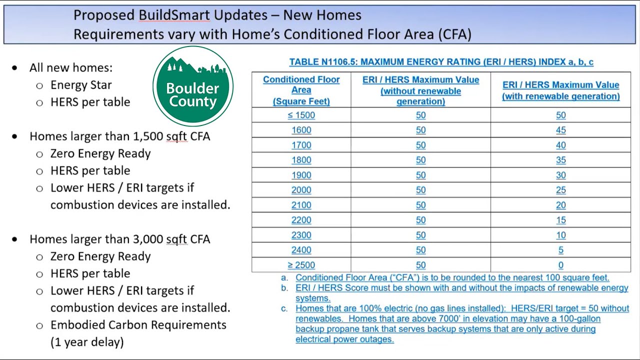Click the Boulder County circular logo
pos(193,85)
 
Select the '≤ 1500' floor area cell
pos(301,115)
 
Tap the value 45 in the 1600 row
pos(560,130)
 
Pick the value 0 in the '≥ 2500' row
pos(560,265)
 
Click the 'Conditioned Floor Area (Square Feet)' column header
pos(301,90)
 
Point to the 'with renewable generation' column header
pos(560,90)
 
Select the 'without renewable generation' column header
pos(420,90)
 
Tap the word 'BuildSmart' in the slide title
pos(174,15)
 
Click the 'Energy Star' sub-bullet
pos(81,85)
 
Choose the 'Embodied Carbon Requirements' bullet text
pos(138,325)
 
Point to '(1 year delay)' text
pos(87,342)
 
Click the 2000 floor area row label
pos(301,190)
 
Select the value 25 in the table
pos(560,190)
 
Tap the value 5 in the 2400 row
pos(560,250)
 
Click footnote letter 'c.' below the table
pos(284,308)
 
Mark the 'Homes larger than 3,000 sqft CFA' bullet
pos(119,239)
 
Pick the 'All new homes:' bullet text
pos(71,67)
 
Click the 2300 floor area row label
pos(301,235)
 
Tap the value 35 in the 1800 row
pos(560,160)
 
